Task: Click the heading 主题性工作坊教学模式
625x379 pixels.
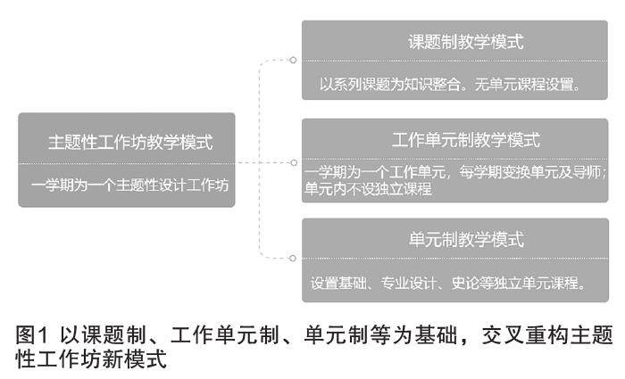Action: [130, 142]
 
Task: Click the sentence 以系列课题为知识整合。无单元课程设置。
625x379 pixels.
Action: [451, 86]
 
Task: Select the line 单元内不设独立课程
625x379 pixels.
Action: [369, 190]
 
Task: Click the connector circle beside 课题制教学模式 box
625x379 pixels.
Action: [293, 61]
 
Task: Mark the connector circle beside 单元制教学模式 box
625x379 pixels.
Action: [293, 259]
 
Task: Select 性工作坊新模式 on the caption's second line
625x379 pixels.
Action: [91, 358]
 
